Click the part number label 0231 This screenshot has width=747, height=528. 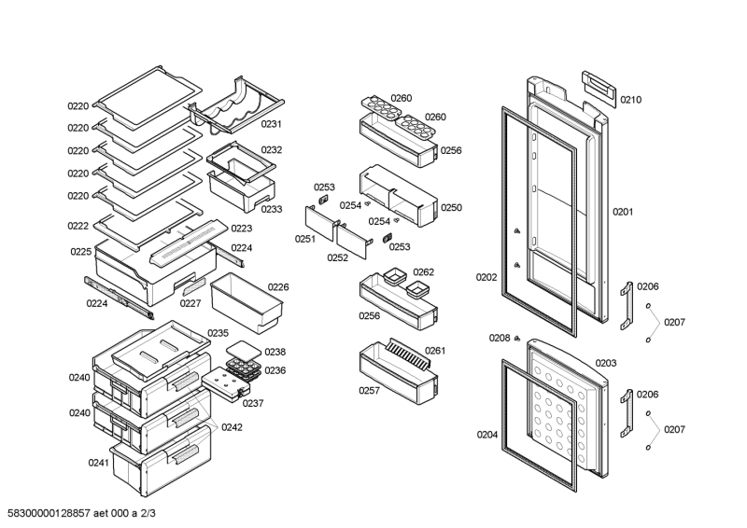(x=271, y=124)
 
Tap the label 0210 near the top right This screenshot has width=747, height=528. (x=631, y=100)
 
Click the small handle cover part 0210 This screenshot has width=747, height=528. (x=599, y=89)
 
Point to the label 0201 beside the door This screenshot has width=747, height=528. (x=623, y=212)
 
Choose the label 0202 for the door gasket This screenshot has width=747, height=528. (x=486, y=277)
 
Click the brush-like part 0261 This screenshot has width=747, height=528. (x=408, y=354)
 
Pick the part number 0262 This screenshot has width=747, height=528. (x=424, y=271)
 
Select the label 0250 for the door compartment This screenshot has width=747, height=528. (x=451, y=208)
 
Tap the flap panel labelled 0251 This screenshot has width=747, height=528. (x=320, y=222)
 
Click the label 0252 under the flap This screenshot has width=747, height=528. (x=337, y=257)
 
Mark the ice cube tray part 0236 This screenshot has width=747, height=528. (x=243, y=369)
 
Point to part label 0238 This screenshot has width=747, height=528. (x=275, y=352)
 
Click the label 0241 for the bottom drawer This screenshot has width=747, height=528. (x=99, y=463)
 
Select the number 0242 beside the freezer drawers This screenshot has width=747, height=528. (x=232, y=427)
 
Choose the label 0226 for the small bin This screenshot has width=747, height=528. (x=278, y=287)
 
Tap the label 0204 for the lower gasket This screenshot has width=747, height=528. (x=487, y=434)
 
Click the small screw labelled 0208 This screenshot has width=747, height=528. (x=517, y=339)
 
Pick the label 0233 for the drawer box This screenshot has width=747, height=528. (x=272, y=209)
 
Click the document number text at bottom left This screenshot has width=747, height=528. (x=81, y=513)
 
